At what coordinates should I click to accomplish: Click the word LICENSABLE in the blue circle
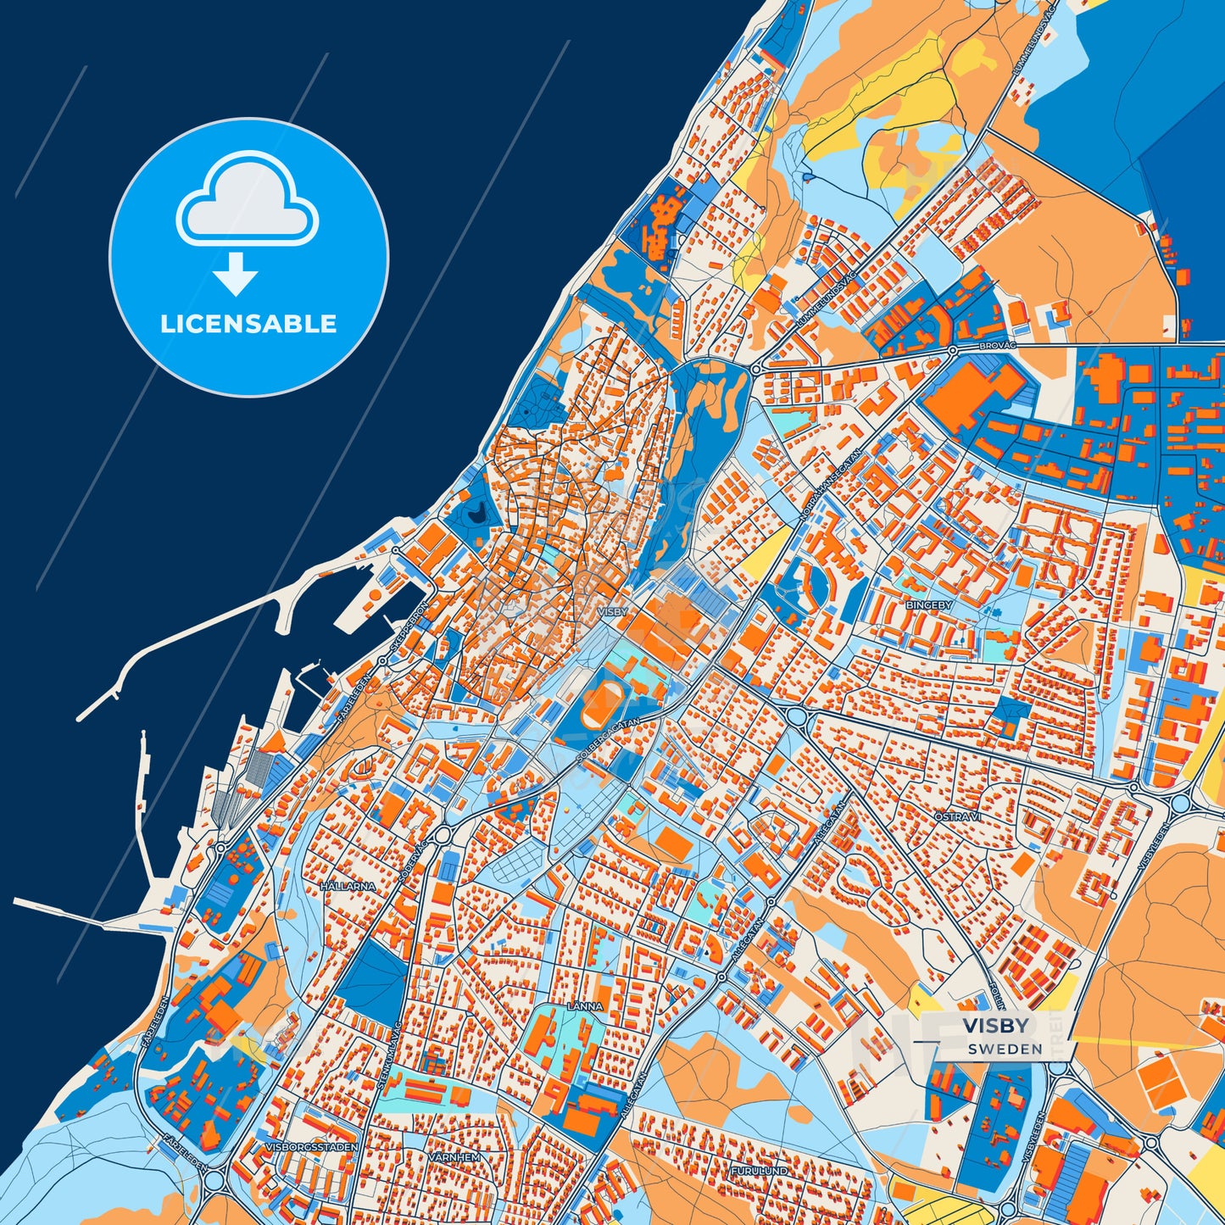(x=248, y=324)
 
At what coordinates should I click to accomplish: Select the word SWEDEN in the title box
(x=1005, y=1049)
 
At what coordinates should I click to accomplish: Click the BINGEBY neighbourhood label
(x=929, y=605)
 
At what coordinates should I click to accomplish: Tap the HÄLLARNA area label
(x=348, y=886)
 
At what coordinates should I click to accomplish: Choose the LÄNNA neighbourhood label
(x=585, y=1006)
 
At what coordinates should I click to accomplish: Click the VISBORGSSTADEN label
(x=311, y=1147)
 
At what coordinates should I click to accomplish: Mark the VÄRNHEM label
(x=454, y=1157)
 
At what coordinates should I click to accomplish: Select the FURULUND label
(x=759, y=1171)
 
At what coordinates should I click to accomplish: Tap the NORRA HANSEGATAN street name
(x=830, y=485)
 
